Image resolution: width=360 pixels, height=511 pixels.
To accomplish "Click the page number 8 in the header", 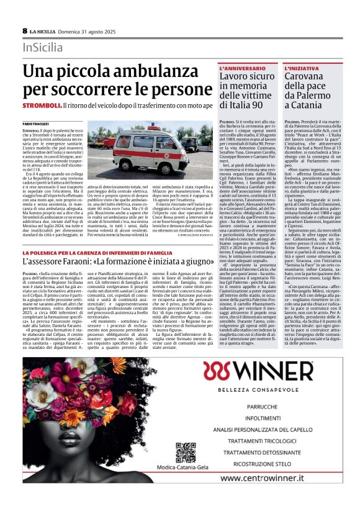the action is coord(25,30).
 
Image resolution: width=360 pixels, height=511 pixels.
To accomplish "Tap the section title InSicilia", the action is coord(43,47).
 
